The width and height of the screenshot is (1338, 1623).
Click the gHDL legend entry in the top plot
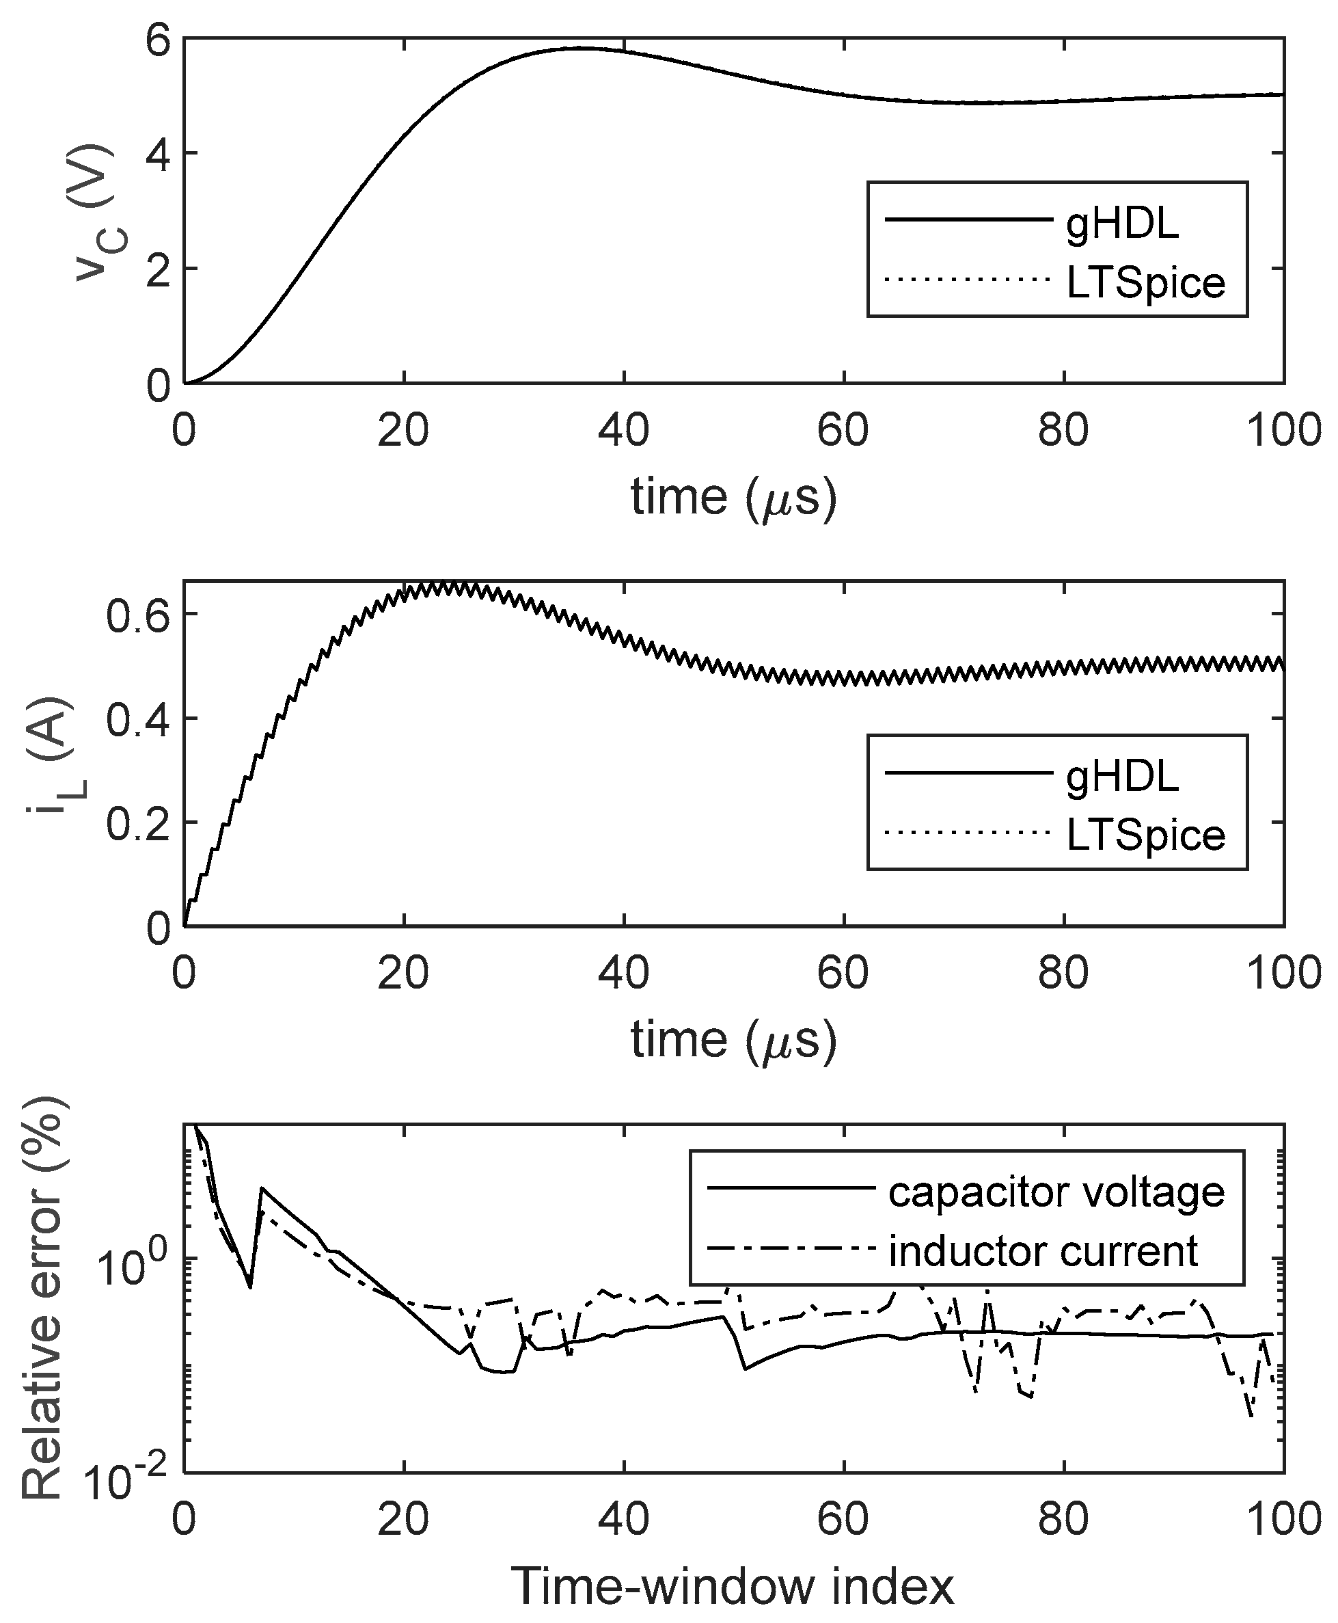(1121, 224)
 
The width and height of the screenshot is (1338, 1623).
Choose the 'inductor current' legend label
(1043, 1250)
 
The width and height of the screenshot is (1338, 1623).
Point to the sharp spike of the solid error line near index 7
(261, 1189)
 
